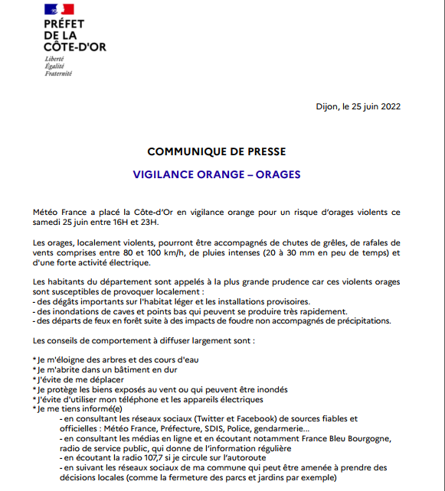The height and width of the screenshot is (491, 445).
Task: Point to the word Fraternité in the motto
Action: coord(59,73)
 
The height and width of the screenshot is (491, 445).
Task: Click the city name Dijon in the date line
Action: coord(329,106)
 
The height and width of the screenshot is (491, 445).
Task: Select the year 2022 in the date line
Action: coord(390,106)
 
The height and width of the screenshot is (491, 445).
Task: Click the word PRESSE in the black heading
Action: coord(268,151)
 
